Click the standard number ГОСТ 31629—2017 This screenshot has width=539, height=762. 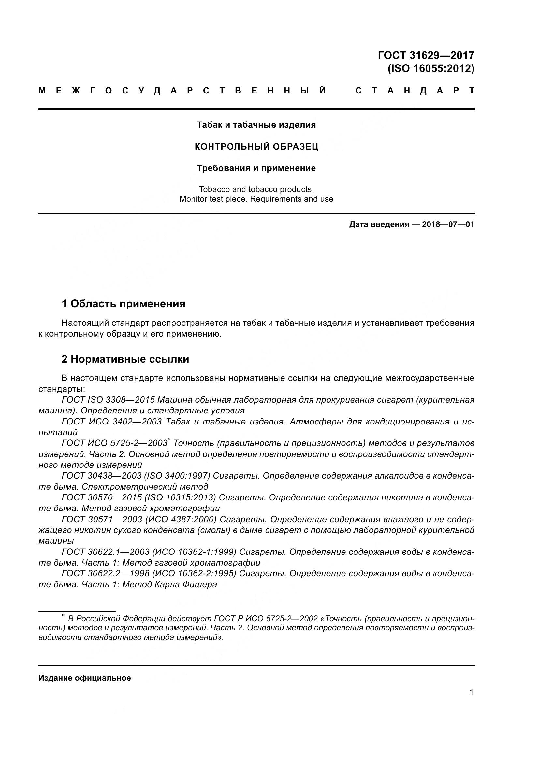point(426,55)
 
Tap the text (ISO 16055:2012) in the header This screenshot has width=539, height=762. point(431,68)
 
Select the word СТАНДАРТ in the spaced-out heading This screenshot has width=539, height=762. point(415,91)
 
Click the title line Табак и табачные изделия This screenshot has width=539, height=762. point(256,125)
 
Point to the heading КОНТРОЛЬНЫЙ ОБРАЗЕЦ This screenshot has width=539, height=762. point(256,147)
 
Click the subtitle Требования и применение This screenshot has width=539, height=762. point(256,168)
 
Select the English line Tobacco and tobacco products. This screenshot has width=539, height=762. point(256,189)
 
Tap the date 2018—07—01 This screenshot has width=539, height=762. point(448,225)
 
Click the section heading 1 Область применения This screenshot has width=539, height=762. point(123,303)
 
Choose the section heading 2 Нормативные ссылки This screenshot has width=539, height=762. point(125,359)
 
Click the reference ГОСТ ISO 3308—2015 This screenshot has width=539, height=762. point(108,400)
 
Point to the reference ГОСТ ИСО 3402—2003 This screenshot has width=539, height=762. point(111,422)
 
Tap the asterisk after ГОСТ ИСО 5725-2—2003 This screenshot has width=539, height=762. point(169,440)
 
